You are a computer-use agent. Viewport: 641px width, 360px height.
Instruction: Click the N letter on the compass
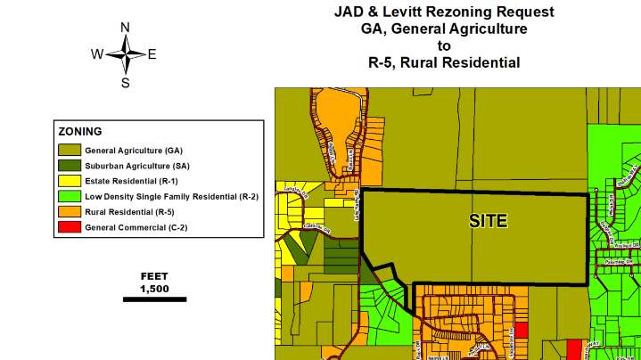click(126, 28)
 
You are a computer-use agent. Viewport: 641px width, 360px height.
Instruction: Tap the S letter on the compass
click(126, 83)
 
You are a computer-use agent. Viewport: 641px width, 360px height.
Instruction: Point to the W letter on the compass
click(96, 54)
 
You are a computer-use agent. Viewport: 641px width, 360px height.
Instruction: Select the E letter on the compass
click(152, 54)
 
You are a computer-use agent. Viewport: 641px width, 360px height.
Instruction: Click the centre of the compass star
click(126, 54)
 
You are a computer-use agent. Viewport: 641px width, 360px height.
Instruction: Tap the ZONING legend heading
click(80, 131)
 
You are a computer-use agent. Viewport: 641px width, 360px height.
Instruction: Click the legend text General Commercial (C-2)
click(136, 227)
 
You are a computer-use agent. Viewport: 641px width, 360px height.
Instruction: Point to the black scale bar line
click(153, 299)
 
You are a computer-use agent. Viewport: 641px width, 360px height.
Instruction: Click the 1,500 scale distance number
click(154, 289)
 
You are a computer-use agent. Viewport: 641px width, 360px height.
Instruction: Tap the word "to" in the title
click(444, 45)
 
